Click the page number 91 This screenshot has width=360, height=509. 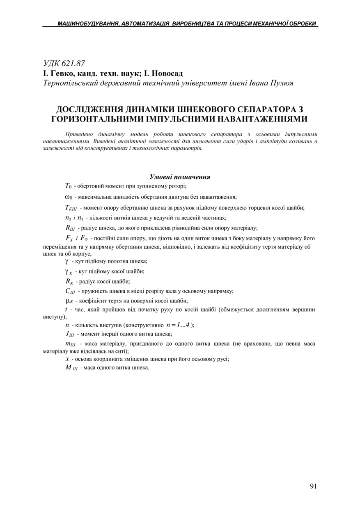[313, 486]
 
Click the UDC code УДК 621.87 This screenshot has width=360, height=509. [64, 63]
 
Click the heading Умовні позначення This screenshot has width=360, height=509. [180, 177]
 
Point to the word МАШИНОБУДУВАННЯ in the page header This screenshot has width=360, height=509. [87, 24]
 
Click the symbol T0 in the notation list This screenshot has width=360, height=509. [68, 186]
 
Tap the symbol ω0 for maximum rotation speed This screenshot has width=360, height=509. [69, 197]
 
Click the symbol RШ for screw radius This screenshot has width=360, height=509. [70, 228]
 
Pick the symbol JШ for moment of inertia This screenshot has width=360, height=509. [69, 334]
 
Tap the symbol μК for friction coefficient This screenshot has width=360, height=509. [69, 301]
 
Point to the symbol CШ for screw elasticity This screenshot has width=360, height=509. [70, 291]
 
